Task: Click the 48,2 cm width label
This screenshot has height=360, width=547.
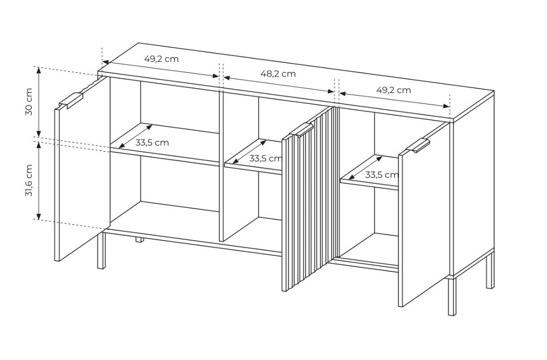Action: tap(278, 74)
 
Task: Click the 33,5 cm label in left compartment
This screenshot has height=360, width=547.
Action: tap(152, 143)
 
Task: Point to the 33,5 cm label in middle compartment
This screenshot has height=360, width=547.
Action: tap(265, 159)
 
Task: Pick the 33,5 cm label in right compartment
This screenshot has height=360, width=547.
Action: tap(382, 175)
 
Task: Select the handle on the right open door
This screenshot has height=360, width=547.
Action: tap(418, 146)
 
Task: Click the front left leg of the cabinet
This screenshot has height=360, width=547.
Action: tap(101, 249)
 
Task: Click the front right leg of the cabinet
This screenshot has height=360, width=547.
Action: tap(452, 297)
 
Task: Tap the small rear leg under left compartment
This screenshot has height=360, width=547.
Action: tap(139, 239)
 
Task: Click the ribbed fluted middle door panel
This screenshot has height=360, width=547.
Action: tap(311, 199)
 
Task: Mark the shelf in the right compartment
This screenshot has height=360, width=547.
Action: tap(370, 172)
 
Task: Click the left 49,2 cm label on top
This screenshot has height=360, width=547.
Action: tap(161, 59)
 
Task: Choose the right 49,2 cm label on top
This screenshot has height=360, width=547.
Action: tap(393, 90)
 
